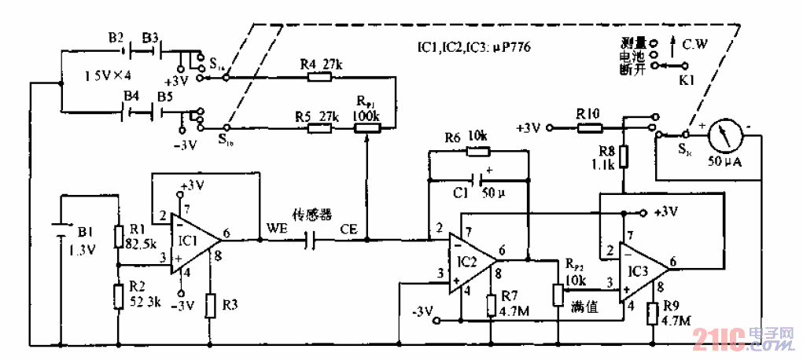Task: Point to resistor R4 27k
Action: coord(320,77)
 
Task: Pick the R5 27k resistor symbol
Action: coord(320,127)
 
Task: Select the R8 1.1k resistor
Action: coord(624,156)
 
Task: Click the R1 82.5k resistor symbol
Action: coord(118,237)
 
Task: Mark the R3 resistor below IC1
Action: coord(210,305)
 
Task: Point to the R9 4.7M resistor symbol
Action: coord(654,314)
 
